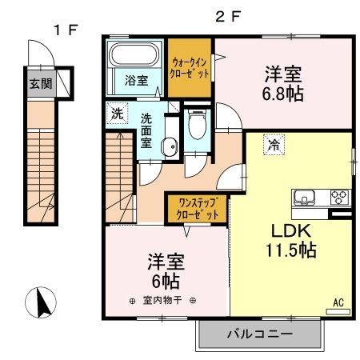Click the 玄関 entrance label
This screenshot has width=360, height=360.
point(38,82)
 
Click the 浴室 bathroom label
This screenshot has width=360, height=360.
point(135,80)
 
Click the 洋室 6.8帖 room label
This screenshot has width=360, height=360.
point(283,82)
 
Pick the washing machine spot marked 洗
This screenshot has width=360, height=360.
point(117,113)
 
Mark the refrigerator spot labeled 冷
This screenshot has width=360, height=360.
point(274,146)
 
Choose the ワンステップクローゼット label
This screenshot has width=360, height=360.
point(198,209)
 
